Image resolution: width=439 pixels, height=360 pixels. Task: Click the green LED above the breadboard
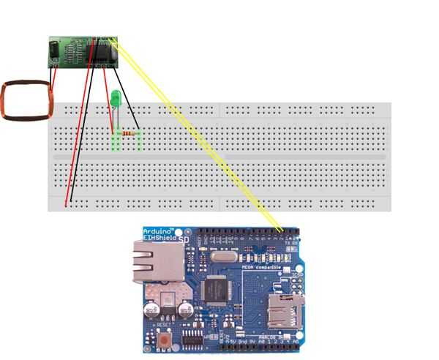pos(115,98)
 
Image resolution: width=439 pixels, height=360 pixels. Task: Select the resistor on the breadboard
pos(131,134)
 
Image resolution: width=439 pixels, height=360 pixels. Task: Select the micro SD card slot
pos(286,310)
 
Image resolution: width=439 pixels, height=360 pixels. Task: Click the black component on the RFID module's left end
pos(53,50)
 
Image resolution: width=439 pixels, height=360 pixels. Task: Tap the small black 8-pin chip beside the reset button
pos(193,338)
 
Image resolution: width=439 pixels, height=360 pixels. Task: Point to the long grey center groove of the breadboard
pos(219,157)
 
